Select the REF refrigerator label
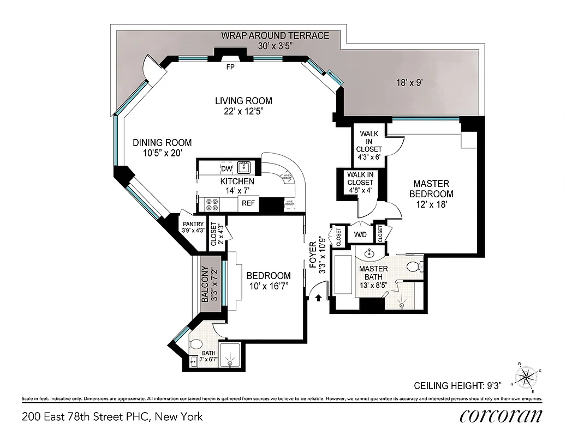pyautogui.click(x=248, y=204)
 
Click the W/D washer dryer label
pyautogui.click(x=360, y=235)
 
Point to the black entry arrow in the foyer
pyautogui.click(x=319, y=298)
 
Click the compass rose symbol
pyautogui.click(x=528, y=377)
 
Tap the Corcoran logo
pyautogui.click(x=501, y=416)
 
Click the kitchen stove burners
pyautogui.click(x=212, y=204)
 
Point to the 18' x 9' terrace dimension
pyautogui.click(x=410, y=83)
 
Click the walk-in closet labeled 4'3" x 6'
pyautogui.click(x=369, y=145)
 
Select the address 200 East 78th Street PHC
pyautogui.click(x=112, y=417)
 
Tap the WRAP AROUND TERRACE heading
pyautogui.click(x=275, y=36)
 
